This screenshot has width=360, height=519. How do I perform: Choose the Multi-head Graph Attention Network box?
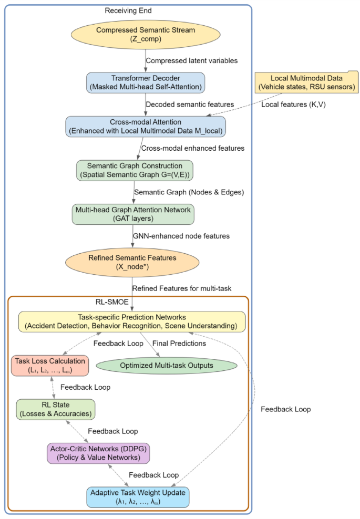[x=132, y=213]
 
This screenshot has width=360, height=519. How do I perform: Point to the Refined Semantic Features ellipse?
[x=132, y=261]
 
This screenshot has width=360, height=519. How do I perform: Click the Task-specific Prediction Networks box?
[x=131, y=322]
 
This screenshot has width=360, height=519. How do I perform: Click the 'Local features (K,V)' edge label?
[x=294, y=105]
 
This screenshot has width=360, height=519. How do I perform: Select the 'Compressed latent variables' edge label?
[x=191, y=61]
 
